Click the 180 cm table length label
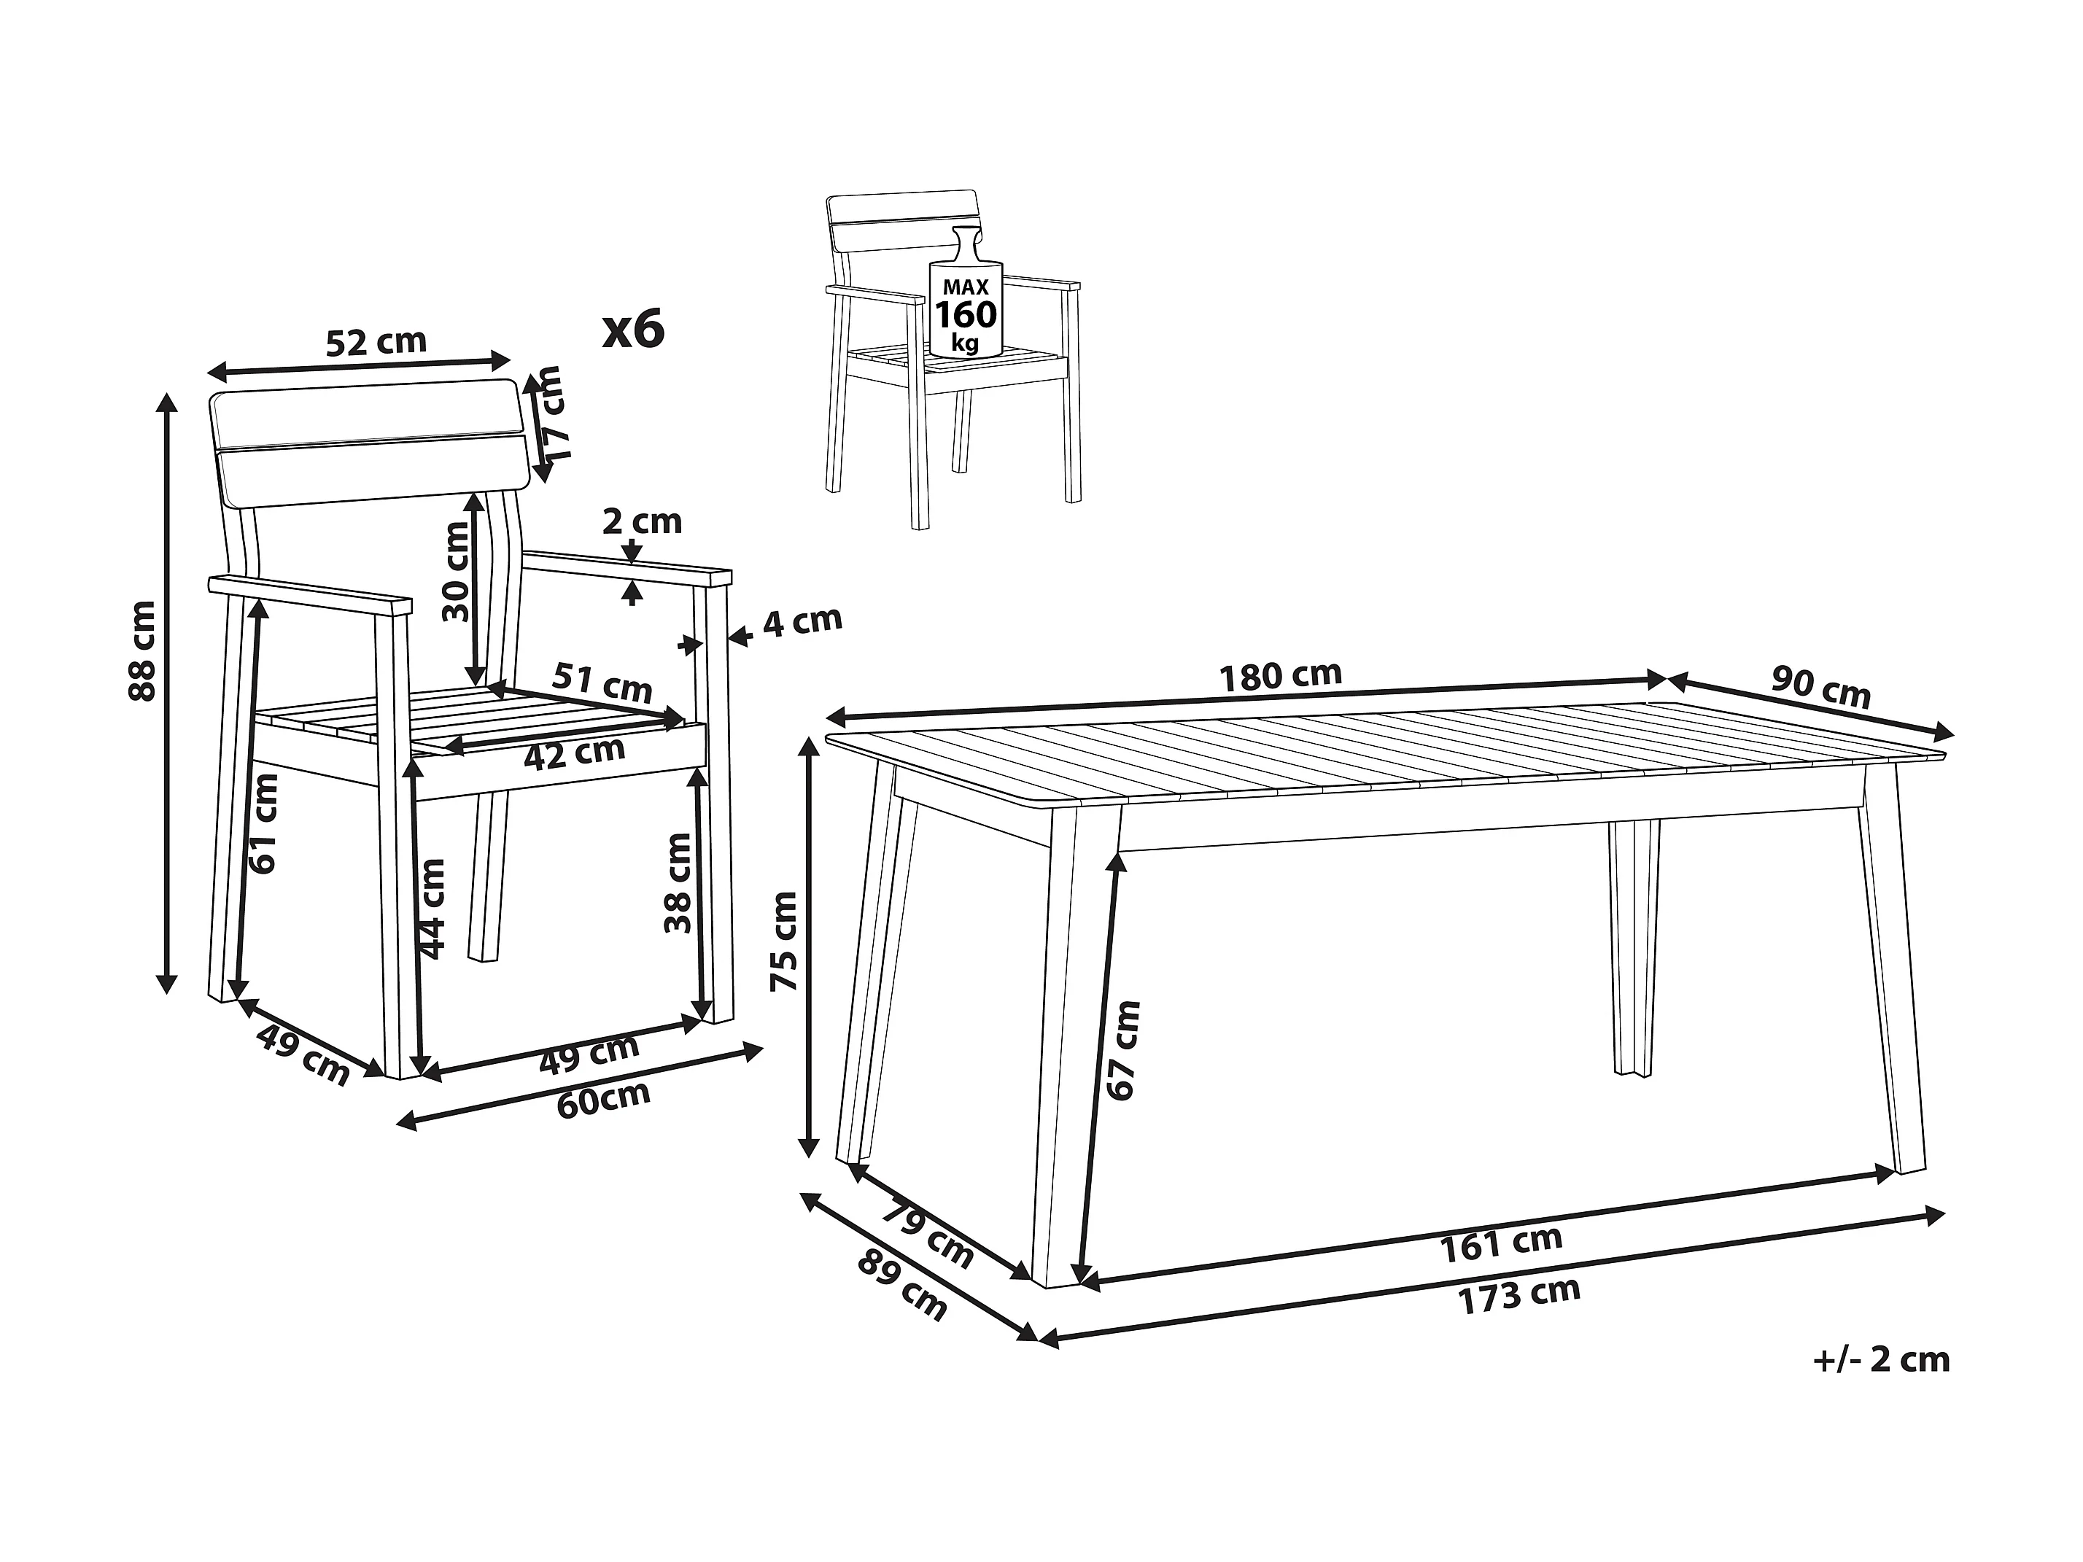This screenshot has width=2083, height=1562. pyautogui.click(x=1280, y=674)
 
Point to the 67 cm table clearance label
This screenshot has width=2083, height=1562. pyautogui.click(x=1122, y=1050)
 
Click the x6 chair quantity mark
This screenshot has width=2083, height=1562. pyautogui.click(x=634, y=329)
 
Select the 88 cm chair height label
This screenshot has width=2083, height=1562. pyautogui.click(x=142, y=650)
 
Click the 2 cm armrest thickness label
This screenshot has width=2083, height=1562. pyautogui.click(x=643, y=521)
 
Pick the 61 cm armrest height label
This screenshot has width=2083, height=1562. pyautogui.click(x=265, y=824)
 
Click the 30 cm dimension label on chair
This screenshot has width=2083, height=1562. pyautogui.click(x=457, y=572)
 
